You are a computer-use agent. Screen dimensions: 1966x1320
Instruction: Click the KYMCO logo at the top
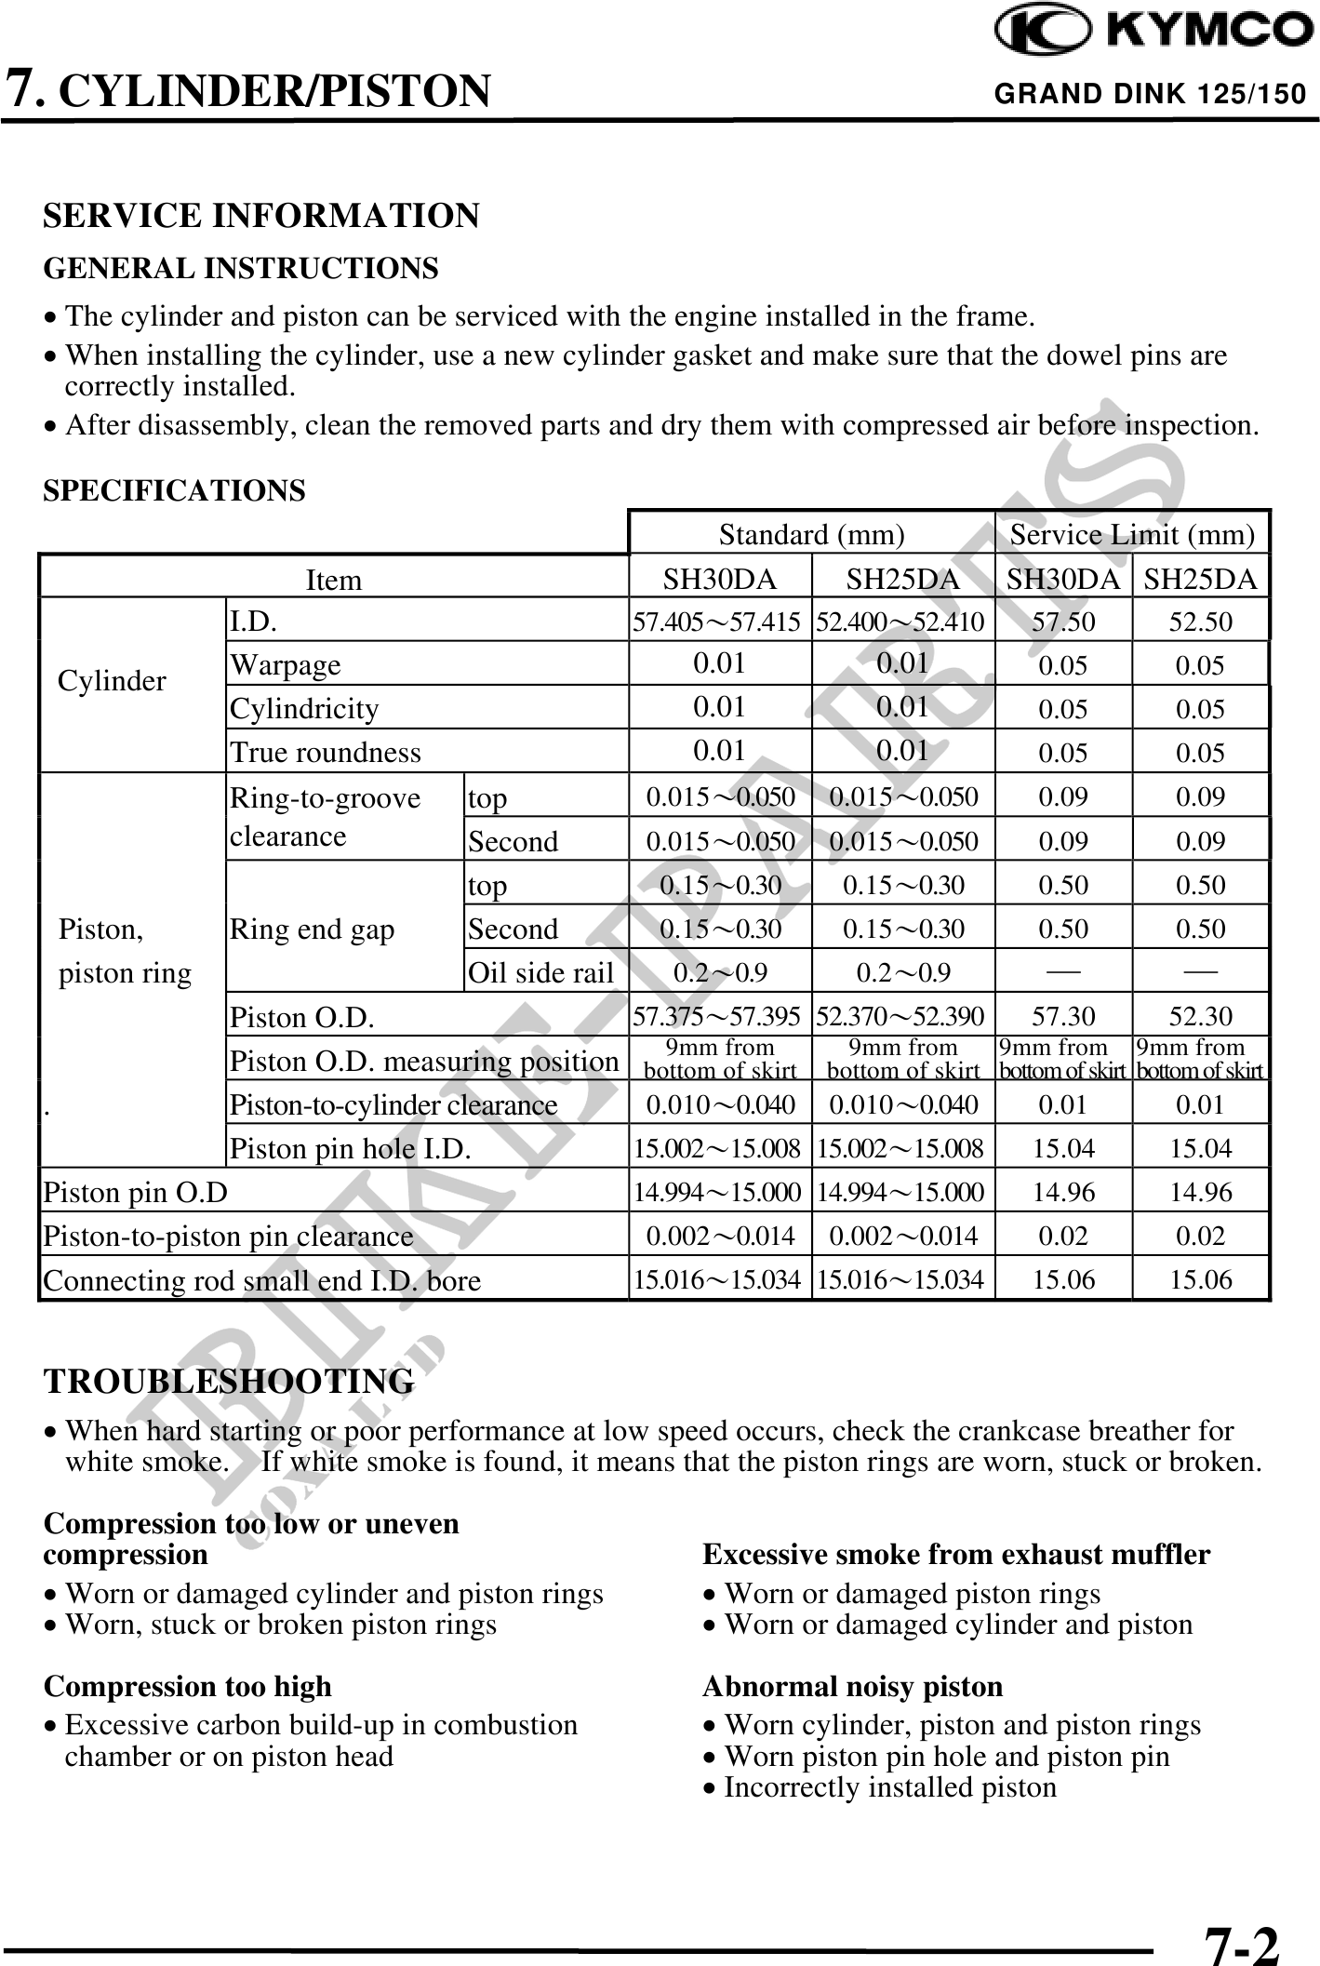point(1153,32)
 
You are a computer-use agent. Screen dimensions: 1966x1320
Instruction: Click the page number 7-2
point(1242,1943)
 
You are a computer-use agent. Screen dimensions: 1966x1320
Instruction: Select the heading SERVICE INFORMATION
point(261,216)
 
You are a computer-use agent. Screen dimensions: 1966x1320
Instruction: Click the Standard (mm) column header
point(811,535)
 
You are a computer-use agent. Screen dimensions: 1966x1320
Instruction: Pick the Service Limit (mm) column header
point(1132,535)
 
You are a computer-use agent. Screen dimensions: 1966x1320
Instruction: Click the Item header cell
point(333,580)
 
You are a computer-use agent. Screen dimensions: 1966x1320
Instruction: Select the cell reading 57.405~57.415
point(716,622)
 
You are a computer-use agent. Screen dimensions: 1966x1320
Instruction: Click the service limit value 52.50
point(1200,622)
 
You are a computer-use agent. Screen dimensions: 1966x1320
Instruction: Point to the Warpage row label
point(286,665)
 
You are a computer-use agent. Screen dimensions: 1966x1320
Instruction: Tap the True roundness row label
point(326,752)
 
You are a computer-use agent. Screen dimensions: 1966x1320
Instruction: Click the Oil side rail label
point(540,973)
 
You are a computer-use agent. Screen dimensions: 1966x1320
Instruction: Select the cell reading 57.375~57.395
point(716,1017)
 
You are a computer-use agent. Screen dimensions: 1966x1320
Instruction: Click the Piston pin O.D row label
point(136,1192)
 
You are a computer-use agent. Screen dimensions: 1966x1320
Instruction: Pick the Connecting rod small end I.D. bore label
point(261,1281)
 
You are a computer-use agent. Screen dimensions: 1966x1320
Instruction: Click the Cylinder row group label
point(112,681)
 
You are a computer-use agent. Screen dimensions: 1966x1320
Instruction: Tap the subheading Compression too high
point(188,1686)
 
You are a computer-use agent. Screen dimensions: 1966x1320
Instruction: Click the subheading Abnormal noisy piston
point(852,1686)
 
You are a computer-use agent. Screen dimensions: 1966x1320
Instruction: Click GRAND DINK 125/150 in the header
point(1150,94)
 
